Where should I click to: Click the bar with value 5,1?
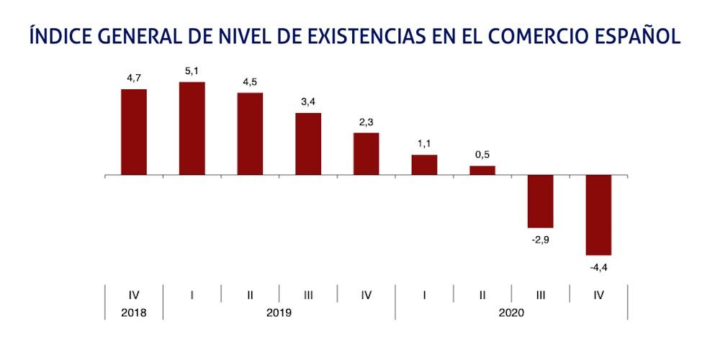click(x=192, y=128)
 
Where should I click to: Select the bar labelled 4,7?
click(x=134, y=132)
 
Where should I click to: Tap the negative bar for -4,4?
click(x=598, y=215)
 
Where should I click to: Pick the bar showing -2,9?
click(x=540, y=201)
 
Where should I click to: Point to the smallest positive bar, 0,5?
click(x=482, y=171)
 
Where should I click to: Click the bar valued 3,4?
click(x=308, y=144)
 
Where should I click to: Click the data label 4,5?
click(x=250, y=82)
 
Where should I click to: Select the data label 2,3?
click(x=366, y=122)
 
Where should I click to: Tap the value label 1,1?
click(x=424, y=144)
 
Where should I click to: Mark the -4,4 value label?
click(x=599, y=267)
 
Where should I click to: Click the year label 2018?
click(x=134, y=313)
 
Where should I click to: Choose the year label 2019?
click(x=279, y=313)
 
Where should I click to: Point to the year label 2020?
click(x=511, y=313)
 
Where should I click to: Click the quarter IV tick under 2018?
click(x=134, y=294)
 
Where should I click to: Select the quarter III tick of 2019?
click(x=308, y=294)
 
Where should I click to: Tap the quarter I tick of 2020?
click(x=424, y=294)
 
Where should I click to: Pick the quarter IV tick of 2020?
click(x=598, y=294)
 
